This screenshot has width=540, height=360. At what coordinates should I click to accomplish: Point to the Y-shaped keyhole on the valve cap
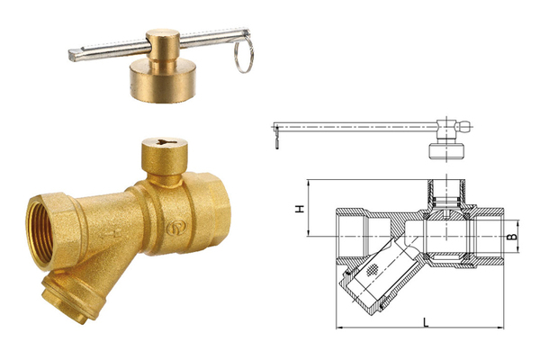click(165, 141)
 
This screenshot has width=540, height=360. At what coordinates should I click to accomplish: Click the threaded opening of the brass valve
click(40, 234)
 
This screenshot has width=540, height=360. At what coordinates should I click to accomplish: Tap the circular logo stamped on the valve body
click(176, 228)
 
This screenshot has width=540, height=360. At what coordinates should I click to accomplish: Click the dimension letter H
click(300, 209)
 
